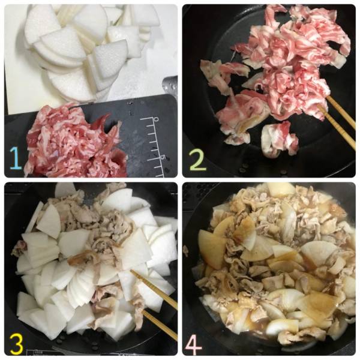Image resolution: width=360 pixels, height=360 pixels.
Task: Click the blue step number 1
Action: click(x=16, y=158)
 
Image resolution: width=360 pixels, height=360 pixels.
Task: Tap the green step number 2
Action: click(x=198, y=158)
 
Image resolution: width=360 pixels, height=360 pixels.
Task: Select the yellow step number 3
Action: click(x=16, y=343)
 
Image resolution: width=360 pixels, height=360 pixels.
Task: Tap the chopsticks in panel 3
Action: click(x=154, y=305)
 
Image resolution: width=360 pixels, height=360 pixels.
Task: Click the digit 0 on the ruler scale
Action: click(x=157, y=119)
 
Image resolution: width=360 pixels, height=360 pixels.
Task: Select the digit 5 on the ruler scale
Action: click(x=163, y=157)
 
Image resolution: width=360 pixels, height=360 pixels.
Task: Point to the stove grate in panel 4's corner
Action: click(x=195, y=195)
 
